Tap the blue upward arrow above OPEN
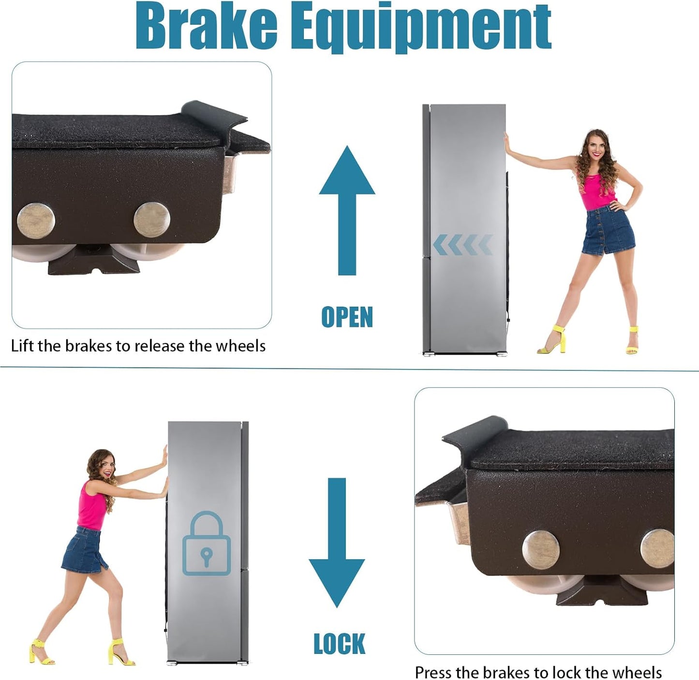[347, 210]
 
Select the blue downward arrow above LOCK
[337, 543]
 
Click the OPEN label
[347, 317]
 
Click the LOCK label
[340, 644]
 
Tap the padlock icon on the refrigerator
[206, 543]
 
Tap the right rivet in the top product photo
[151, 220]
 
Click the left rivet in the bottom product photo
[541, 550]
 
